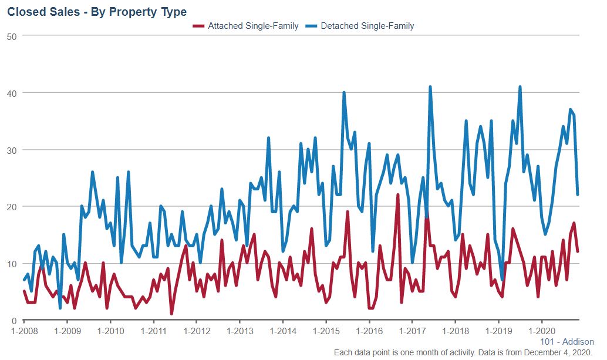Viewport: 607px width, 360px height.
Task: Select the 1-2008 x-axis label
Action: pos(24,331)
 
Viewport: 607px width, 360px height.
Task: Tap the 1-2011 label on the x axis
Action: pos(153,331)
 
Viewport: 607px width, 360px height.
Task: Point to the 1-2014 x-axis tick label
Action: pos(282,331)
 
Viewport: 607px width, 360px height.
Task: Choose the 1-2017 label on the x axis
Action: pos(412,331)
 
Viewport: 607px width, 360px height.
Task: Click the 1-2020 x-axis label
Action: pos(541,331)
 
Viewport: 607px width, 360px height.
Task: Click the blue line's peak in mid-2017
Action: pos(430,87)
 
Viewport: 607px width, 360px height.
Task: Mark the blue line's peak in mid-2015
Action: pos(344,93)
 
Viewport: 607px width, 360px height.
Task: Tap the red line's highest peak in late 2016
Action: pos(398,195)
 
